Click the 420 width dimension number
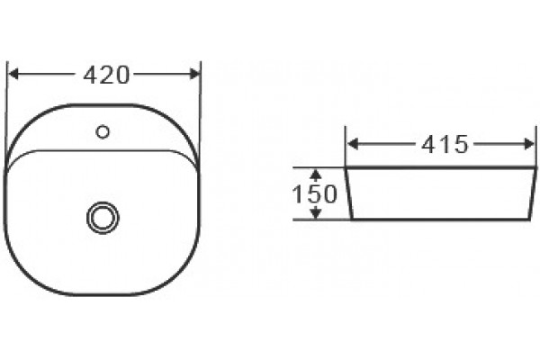(x=106, y=75)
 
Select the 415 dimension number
(x=445, y=144)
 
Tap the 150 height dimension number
(x=314, y=193)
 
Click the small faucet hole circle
(x=103, y=131)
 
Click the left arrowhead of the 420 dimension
(x=13, y=74)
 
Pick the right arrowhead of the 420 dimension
(x=195, y=74)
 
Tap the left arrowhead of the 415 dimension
(x=352, y=144)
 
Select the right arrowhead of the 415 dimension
(x=529, y=144)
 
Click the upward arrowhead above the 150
(x=316, y=175)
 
